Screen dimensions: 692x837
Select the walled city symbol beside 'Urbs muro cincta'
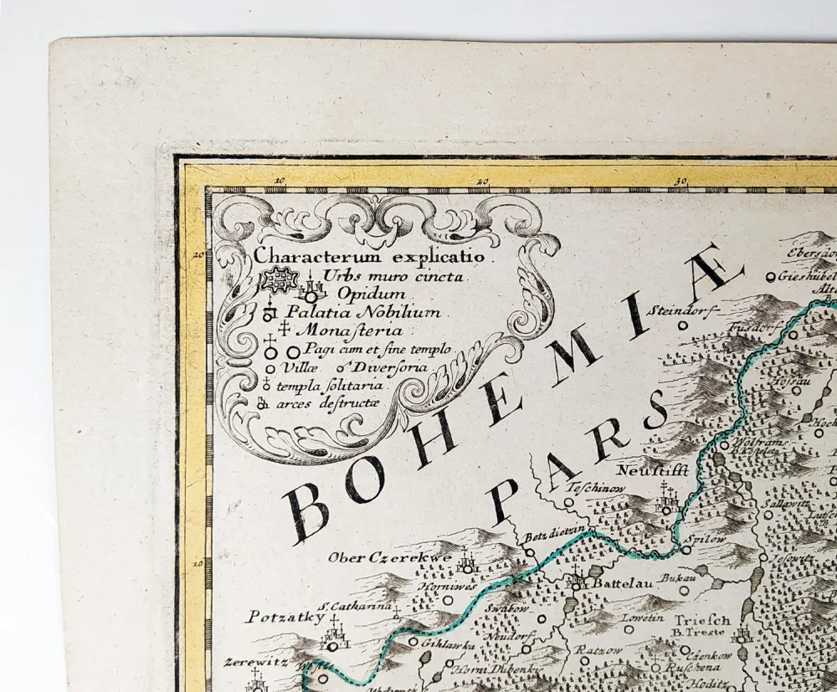pos(279,279)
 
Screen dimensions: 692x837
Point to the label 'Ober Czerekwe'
pos(389,557)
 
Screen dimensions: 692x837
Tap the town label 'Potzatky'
pos(273,618)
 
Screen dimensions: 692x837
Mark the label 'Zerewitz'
pos(255,661)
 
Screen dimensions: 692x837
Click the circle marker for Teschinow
pos(568,503)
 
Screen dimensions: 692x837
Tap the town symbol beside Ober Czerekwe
pos(467,566)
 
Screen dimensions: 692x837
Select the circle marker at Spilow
pos(685,550)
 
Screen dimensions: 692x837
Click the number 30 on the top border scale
pos(680,179)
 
